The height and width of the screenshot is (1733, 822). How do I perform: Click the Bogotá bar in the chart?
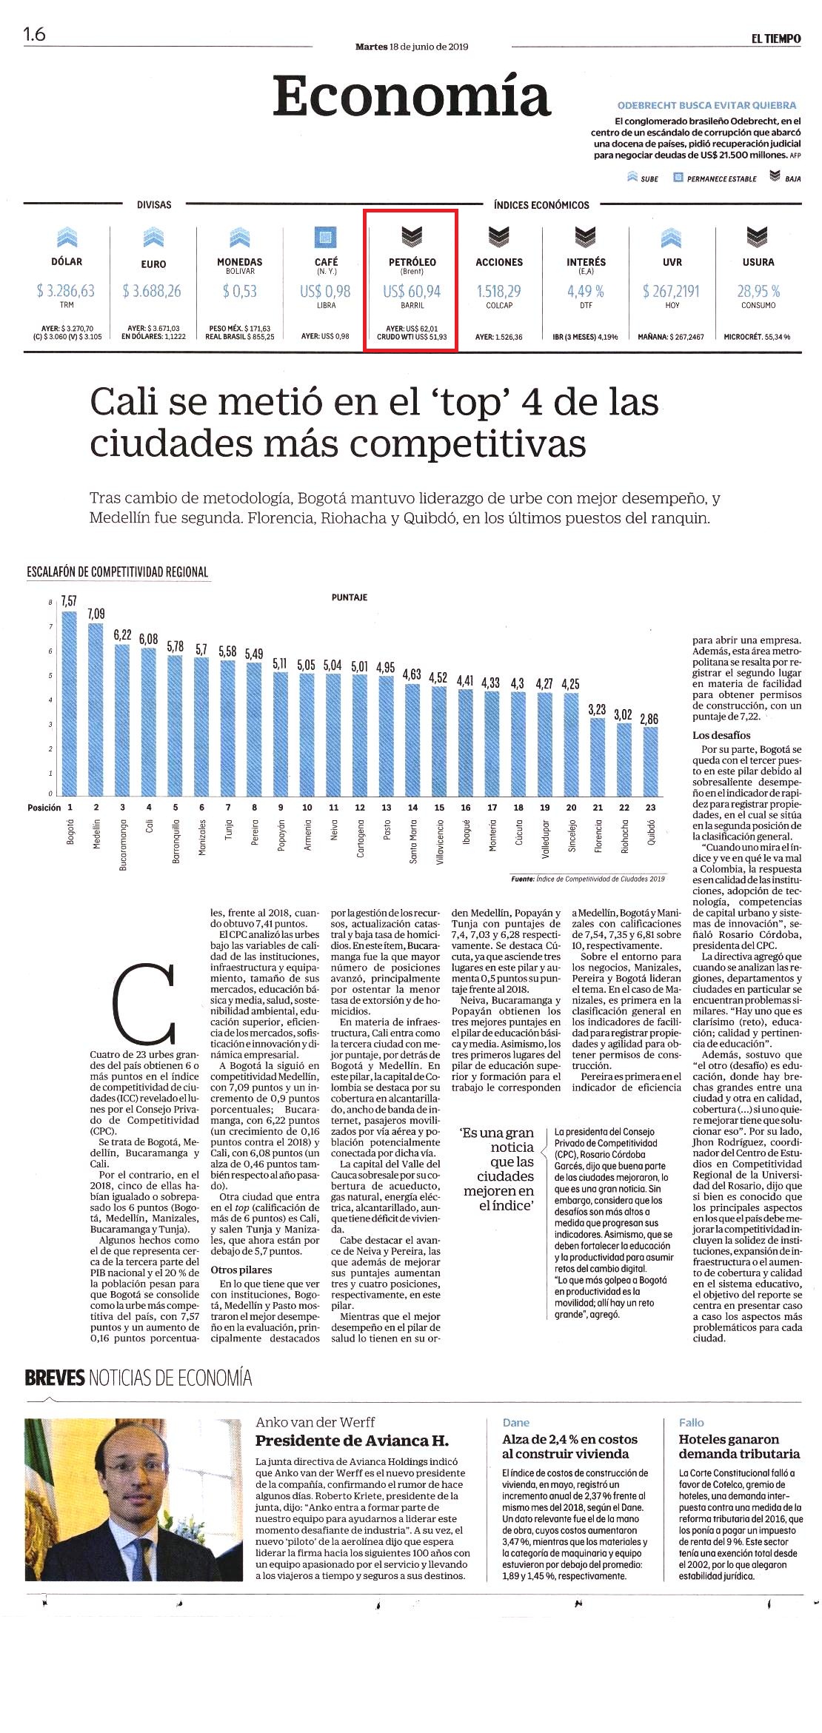tap(70, 702)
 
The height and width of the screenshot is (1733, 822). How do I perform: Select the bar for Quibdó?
tap(650, 760)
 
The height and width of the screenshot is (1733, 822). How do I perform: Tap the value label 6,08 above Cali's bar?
tap(148, 639)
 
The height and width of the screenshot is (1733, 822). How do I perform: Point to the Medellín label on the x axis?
tap(96, 834)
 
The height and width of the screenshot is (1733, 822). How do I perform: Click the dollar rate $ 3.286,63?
tap(66, 291)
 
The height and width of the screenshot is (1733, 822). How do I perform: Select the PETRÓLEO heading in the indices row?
tap(412, 262)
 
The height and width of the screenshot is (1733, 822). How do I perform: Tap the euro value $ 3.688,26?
tap(153, 291)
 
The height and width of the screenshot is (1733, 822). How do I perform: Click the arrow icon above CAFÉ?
tap(326, 237)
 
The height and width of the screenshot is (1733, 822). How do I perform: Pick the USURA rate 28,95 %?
tap(758, 291)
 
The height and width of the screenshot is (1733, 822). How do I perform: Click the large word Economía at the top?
tap(412, 96)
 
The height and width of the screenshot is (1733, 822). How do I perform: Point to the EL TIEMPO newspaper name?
tap(775, 38)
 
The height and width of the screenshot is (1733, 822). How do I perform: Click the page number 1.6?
tap(34, 34)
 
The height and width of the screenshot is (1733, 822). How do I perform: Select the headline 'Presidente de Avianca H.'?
tap(352, 1441)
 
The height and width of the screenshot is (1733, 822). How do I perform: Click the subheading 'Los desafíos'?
tap(721, 735)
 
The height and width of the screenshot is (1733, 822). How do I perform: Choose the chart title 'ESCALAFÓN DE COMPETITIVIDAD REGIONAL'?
tap(117, 571)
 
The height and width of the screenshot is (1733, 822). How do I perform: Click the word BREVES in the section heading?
tap(55, 1378)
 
